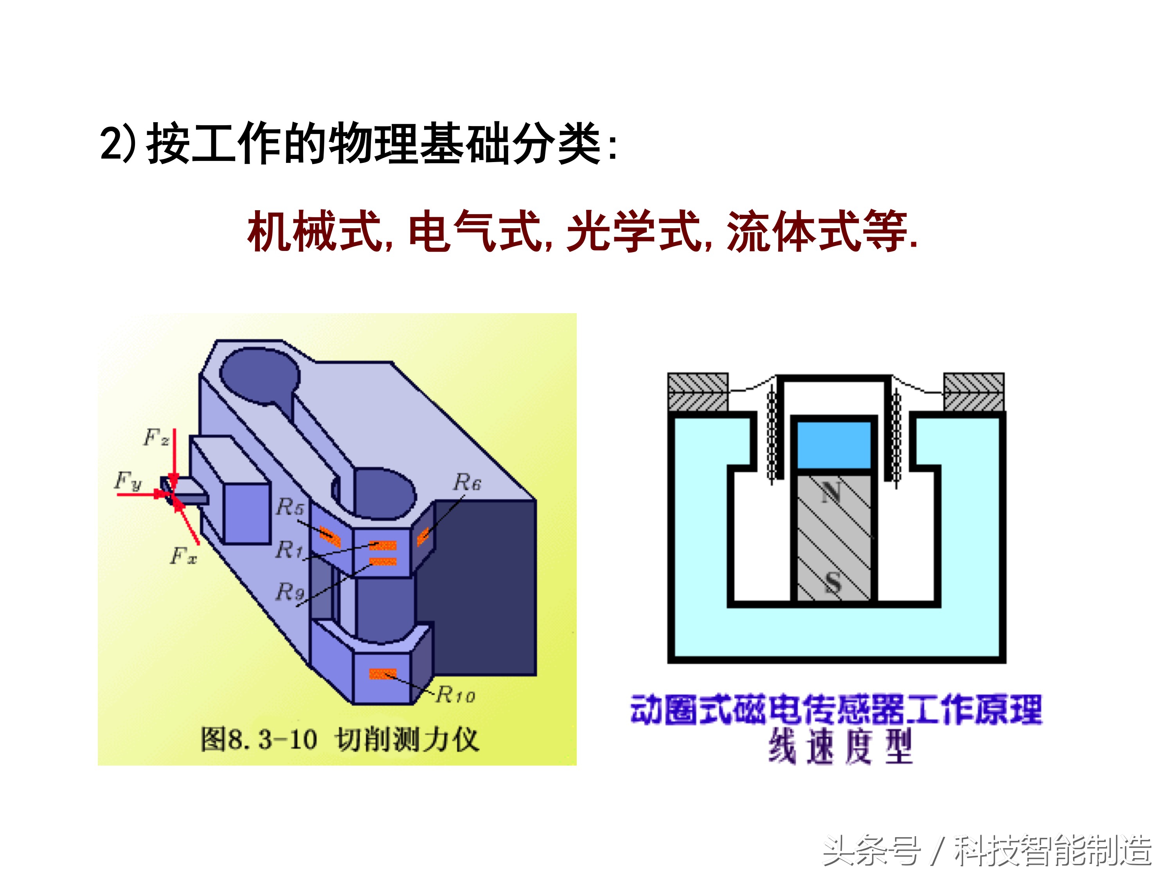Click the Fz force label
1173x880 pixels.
156,437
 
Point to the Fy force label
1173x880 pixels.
128,481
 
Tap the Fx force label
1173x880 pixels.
184,555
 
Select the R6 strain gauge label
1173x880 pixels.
467,482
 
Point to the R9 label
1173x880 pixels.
290,591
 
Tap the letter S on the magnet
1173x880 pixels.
833,582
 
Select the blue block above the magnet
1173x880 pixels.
834,445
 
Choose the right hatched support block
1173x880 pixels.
973,391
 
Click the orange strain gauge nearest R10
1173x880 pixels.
382,674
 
